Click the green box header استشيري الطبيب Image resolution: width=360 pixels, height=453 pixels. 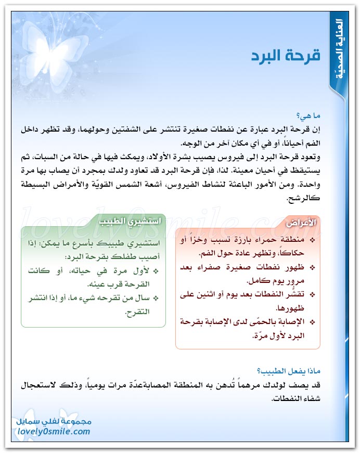tap(130, 220)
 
